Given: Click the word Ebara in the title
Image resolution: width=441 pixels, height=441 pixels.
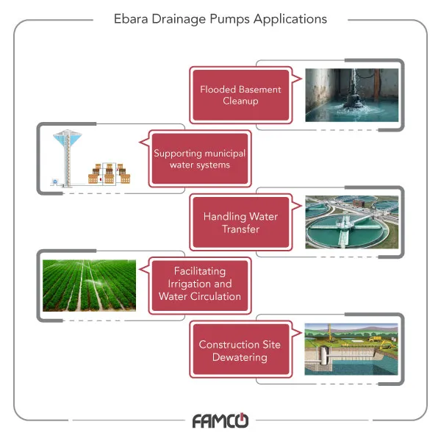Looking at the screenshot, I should click(130, 19).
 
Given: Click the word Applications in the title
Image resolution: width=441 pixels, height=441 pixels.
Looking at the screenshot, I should click(290, 19).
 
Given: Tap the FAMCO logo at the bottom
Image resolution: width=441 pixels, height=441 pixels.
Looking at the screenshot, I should click(220, 421).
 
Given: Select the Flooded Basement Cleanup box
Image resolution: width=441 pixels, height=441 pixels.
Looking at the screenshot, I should click(240, 95).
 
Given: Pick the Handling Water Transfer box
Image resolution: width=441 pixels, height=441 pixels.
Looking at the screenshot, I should click(240, 223).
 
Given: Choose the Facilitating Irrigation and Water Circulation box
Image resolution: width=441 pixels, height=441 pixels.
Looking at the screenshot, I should click(199, 284).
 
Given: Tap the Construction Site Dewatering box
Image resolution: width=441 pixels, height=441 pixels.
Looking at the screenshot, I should click(240, 351).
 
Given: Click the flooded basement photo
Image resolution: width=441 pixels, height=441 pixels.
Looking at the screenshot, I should click(351, 95).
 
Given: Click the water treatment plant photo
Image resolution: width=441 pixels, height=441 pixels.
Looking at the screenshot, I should click(351, 223).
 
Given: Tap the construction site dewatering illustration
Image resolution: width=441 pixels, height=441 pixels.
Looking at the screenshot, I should click(351, 351).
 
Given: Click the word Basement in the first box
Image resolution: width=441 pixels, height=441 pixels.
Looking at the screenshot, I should click(259, 90).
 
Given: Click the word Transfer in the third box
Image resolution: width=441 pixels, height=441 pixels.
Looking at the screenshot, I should click(240, 229).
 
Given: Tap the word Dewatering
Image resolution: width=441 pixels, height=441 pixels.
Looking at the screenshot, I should click(240, 357).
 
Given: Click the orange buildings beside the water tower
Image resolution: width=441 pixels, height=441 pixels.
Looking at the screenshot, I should click(107, 173).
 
